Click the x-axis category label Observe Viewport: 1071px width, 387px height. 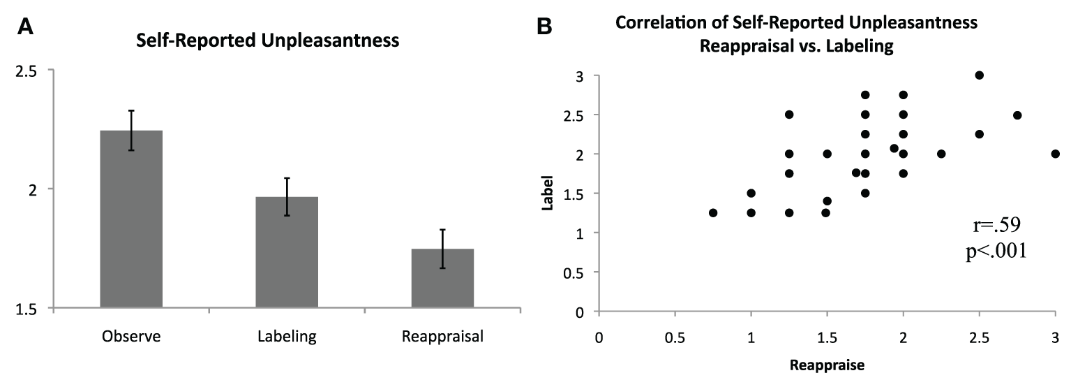(x=131, y=337)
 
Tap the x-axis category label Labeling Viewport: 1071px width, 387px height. (x=287, y=337)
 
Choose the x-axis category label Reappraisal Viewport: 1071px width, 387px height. (x=442, y=337)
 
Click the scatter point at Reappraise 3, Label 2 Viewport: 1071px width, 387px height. (x=1055, y=154)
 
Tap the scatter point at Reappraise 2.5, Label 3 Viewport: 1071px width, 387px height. (x=979, y=75)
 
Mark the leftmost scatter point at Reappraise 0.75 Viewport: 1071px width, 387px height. (x=713, y=212)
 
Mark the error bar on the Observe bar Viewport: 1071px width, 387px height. (x=131, y=130)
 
